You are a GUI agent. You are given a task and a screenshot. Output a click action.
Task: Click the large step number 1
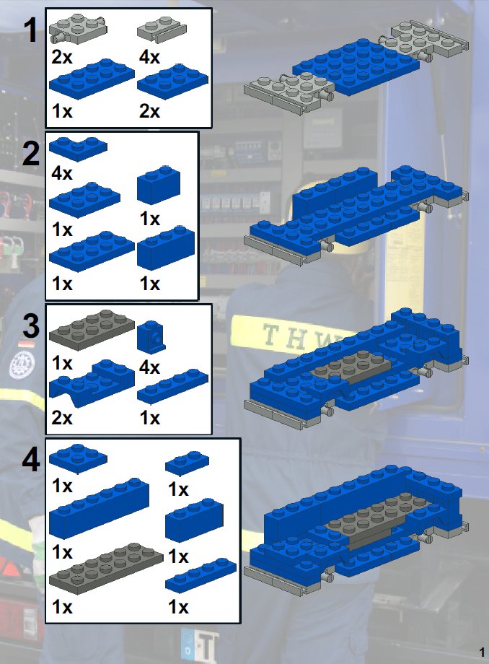pyautogui.click(x=32, y=30)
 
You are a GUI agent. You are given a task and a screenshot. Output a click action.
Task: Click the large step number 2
pyautogui.click(x=31, y=154)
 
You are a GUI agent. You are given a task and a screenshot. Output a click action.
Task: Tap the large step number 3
pyautogui.click(x=31, y=326)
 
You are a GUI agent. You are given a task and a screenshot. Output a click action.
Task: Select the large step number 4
pyautogui.click(x=31, y=460)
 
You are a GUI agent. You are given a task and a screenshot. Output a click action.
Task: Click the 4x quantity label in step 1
pyautogui.click(x=149, y=57)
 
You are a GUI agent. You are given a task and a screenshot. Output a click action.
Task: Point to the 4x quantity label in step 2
pyautogui.click(x=62, y=173)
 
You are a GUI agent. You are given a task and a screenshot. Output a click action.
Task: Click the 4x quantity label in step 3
pyautogui.click(x=149, y=367)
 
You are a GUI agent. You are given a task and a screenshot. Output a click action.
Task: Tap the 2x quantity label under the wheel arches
pyautogui.click(x=62, y=418)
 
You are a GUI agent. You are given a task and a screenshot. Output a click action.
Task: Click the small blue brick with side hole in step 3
pyautogui.click(x=151, y=337)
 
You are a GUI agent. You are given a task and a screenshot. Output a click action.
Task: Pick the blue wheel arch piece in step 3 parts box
pyautogui.click(x=92, y=383)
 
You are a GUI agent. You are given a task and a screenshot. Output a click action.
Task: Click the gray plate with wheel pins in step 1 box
pyautogui.click(x=78, y=28)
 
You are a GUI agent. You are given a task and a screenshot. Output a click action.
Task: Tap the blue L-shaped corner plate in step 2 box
pyautogui.click(x=78, y=149)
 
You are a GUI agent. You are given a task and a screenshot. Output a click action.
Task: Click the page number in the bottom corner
pyautogui.click(x=482, y=652)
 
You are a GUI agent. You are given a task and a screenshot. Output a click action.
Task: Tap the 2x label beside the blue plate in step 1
pyautogui.click(x=149, y=111)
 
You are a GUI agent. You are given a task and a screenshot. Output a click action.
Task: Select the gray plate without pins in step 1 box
pyautogui.click(x=162, y=30)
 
